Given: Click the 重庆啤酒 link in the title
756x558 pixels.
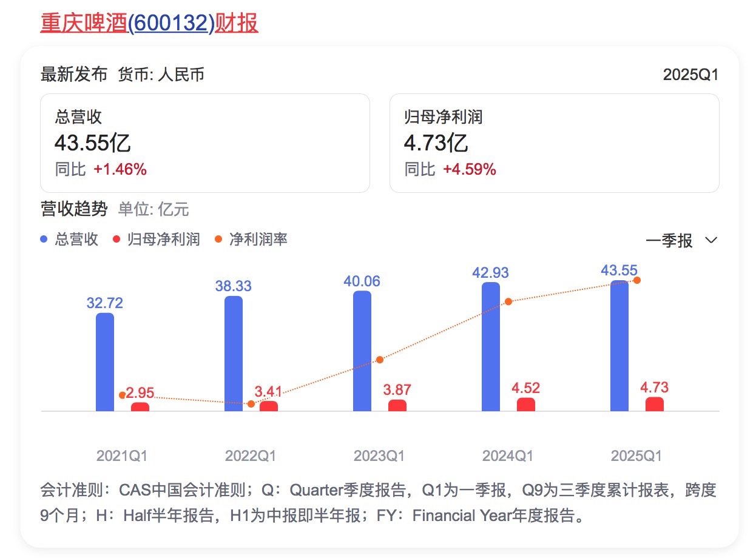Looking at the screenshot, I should pyautogui.click(x=84, y=23).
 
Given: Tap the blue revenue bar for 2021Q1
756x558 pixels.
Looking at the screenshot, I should pyautogui.click(x=105, y=362).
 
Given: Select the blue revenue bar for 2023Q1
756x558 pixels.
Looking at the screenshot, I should pyautogui.click(x=362, y=351).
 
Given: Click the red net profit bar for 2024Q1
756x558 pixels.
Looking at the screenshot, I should pyautogui.click(x=526, y=405).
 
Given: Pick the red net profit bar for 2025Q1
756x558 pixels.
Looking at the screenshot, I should pyautogui.click(x=655, y=404).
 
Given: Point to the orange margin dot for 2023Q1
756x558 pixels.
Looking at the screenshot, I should pyautogui.click(x=380, y=360).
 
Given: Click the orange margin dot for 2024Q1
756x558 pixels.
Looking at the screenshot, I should pyautogui.click(x=508, y=301).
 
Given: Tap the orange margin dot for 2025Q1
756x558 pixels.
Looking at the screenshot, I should pyautogui.click(x=637, y=280).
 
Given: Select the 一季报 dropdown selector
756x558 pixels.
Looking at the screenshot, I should pyautogui.click(x=681, y=241).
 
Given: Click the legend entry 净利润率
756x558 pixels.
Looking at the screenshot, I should pyautogui.click(x=257, y=240).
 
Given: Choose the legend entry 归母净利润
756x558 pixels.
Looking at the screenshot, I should pyautogui.click(x=163, y=240).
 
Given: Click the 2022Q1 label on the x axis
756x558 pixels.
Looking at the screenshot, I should pyautogui.click(x=251, y=456).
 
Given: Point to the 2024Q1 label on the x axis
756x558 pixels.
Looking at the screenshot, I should pyautogui.click(x=508, y=456).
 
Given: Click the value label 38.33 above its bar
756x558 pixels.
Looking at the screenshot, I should pyautogui.click(x=233, y=286).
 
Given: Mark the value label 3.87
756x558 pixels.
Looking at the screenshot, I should pyautogui.click(x=397, y=389).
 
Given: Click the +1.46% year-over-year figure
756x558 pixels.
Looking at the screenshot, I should pyautogui.click(x=120, y=170).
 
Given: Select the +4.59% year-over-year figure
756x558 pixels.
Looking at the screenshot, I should pyautogui.click(x=470, y=170).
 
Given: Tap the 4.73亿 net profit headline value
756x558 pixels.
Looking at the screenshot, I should pyautogui.click(x=436, y=144).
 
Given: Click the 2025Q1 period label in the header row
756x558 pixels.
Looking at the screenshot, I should pyautogui.click(x=690, y=75).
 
